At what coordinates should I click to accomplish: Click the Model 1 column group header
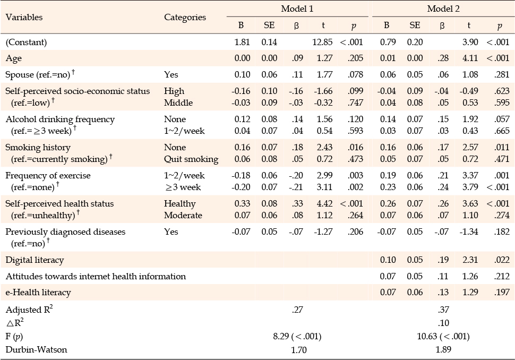tap(297, 9)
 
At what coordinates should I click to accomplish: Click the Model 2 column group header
tap(443, 9)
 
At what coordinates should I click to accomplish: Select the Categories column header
tap(185, 18)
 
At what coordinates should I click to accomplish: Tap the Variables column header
tap(24, 17)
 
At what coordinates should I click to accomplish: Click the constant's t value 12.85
tap(322, 42)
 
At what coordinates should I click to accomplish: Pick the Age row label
tap(13, 58)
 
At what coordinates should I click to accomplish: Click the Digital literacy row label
tap(35, 260)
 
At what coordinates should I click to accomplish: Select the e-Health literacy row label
tap(38, 293)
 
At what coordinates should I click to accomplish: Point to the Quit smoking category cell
tap(191, 159)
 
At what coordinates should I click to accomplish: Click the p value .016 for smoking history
tap(355, 147)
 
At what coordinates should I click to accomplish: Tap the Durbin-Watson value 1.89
tap(443, 349)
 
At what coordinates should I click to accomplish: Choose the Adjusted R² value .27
tap(297, 310)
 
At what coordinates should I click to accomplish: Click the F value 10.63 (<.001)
tap(443, 336)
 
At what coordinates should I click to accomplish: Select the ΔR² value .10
tap(443, 323)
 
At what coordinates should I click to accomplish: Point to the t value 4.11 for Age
tap(470, 58)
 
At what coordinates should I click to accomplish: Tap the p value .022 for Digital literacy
tap(502, 260)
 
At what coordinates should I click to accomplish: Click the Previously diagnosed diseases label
tap(65, 232)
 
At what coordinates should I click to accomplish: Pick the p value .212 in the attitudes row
tap(502, 276)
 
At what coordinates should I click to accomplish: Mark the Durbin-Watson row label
tap(36, 349)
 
